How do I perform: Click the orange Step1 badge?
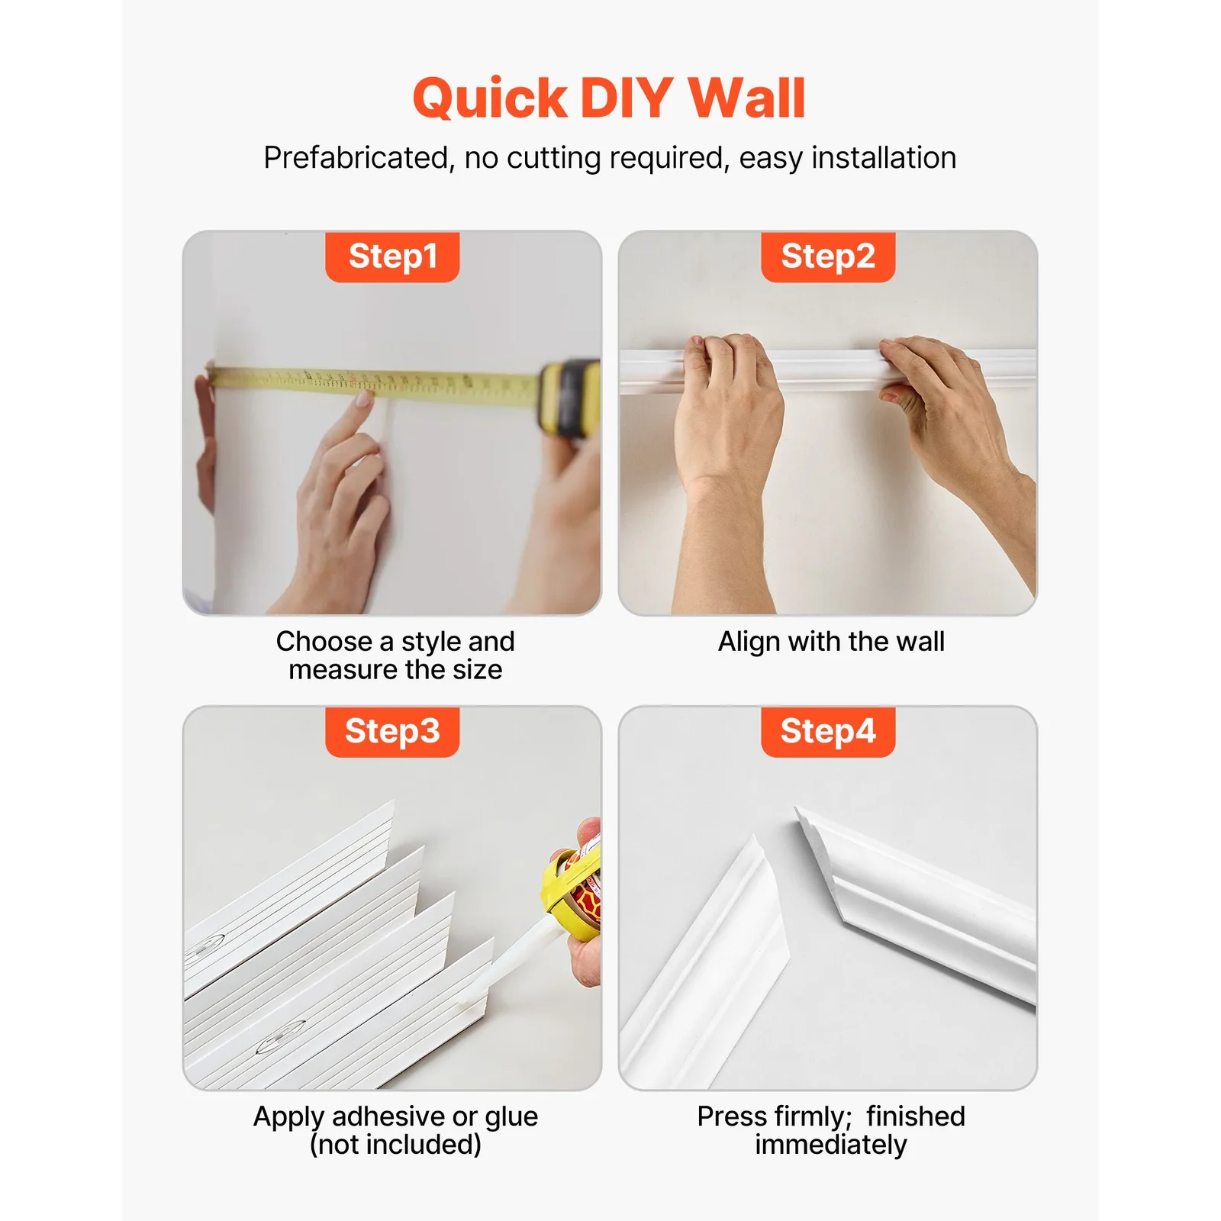392,257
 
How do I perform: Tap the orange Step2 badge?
828,257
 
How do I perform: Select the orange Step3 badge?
392,732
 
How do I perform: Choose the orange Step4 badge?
828,732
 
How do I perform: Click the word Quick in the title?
490,98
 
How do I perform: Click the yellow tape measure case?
569,398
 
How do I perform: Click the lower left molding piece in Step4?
706,965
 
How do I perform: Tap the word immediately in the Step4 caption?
831,1145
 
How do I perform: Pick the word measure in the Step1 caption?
343,671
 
